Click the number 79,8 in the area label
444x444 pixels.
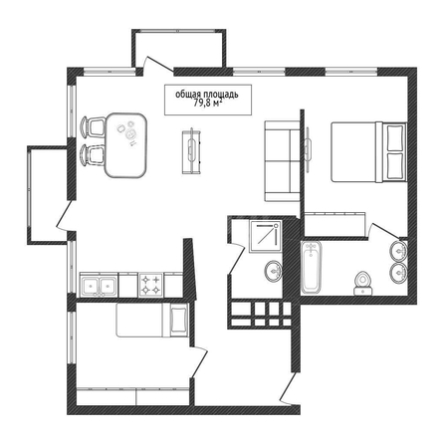(202, 104)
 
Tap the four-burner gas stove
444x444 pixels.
(151, 285)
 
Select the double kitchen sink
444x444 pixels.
(99, 285)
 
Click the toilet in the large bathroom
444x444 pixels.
(362, 283)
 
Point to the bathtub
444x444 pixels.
(311, 268)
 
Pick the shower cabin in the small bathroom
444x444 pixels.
(266, 236)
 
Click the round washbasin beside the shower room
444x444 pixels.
(274, 271)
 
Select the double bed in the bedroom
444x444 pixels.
(369, 152)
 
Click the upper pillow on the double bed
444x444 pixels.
(395, 137)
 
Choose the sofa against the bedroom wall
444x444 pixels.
(282, 161)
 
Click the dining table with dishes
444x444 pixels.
(125, 144)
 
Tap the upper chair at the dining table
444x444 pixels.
(93, 126)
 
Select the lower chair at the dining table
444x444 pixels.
(93, 154)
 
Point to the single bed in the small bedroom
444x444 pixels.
(152, 320)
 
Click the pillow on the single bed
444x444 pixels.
(179, 320)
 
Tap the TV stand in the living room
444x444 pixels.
(191, 151)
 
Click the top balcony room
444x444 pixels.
(179, 49)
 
